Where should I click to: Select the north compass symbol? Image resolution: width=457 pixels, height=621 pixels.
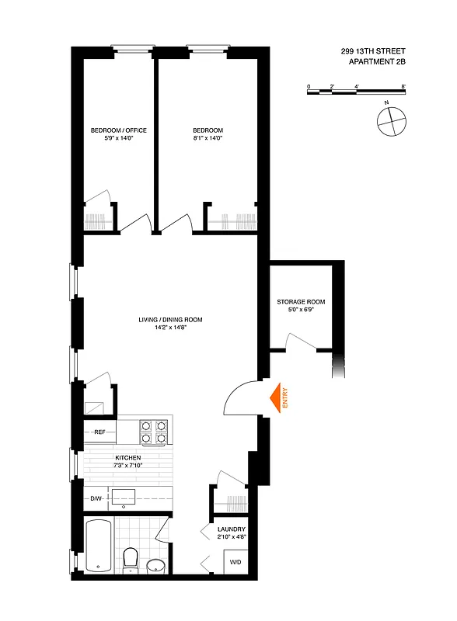(x=392, y=120)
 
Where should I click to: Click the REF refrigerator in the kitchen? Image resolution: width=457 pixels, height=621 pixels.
(x=99, y=432)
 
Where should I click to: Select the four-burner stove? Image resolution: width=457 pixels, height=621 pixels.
(x=154, y=432)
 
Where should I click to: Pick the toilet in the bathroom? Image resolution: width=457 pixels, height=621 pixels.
(x=131, y=557)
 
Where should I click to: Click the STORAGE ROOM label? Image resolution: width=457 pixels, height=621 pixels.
(x=301, y=302)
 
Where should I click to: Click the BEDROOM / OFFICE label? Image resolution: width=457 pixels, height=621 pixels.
(x=119, y=130)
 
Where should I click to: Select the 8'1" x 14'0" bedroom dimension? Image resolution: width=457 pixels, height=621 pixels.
(x=208, y=138)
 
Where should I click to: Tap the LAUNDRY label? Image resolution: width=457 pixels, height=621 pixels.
(x=232, y=529)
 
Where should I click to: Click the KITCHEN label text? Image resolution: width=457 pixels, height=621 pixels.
(x=128, y=458)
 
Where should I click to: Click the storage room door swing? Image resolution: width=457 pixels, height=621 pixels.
(x=297, y=342)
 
